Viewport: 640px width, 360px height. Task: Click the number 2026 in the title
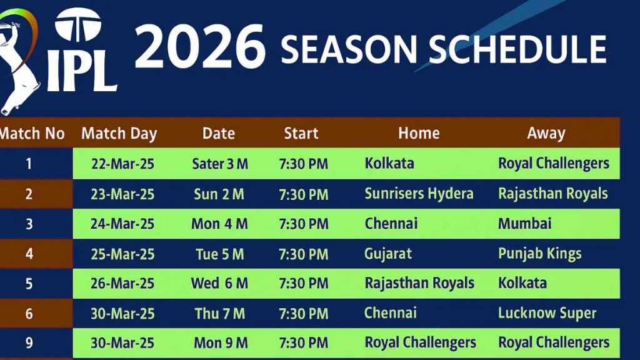(200, 48)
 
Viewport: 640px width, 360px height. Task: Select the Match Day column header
(119, 133)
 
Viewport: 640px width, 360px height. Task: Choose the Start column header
(301, 133)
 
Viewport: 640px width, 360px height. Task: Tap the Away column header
(546, 133)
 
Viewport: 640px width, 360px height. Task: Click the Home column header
(419, 133)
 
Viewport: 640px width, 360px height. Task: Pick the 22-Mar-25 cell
(122, 164)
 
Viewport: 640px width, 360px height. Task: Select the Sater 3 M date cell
(220, 164)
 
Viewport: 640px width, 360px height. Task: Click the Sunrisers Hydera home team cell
(419, 194)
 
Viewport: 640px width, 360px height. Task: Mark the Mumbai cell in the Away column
(525, 223)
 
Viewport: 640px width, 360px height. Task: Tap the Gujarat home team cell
(388, 253)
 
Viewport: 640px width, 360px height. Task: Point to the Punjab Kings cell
(540, 253)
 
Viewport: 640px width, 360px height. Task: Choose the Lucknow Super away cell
(547, 313)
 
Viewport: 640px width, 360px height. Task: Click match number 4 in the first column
(29, 254)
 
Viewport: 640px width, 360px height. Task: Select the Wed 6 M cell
(219, 283)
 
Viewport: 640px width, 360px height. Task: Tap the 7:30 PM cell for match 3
(304, 224)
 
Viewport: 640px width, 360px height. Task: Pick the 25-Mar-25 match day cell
(122, 254)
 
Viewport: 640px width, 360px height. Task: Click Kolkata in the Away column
(522, 283)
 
